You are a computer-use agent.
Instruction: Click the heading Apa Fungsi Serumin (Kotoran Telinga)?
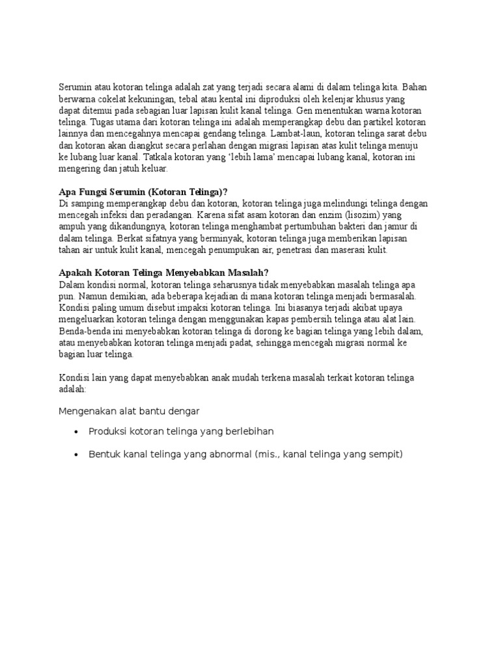[143, 192]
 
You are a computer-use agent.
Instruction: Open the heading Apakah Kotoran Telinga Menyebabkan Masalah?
[163, 274]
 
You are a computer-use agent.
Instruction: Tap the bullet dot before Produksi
[77, 433]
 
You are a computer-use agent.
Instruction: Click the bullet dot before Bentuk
[77, 455]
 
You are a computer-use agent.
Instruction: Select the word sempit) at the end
[383, 455]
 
